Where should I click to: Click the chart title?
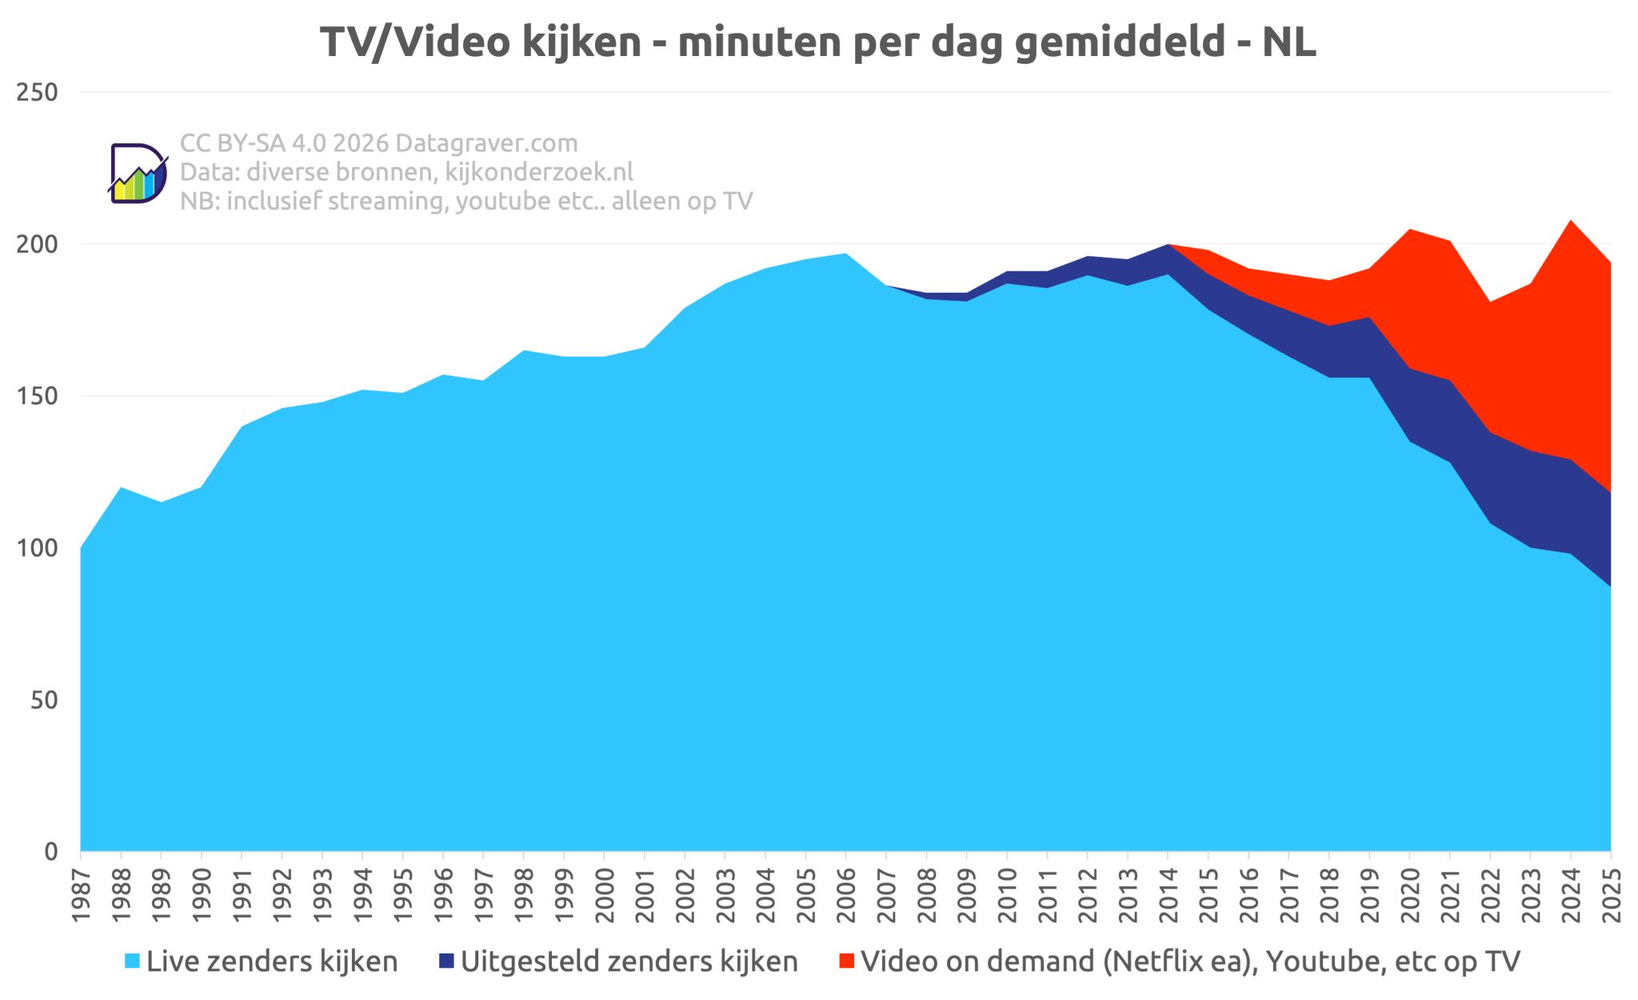tap(817, 42)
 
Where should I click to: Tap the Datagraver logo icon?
tap(138, 174)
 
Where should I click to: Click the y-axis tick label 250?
tap(37, 93)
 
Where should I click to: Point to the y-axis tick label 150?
tap(37, 396)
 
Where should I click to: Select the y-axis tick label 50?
tap(45, 700)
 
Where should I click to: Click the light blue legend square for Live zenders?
tap(133, 961)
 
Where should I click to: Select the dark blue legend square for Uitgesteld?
tap(446, 961)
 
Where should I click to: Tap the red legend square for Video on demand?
tap(846, 961)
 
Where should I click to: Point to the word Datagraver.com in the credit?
tap(486, 143)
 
